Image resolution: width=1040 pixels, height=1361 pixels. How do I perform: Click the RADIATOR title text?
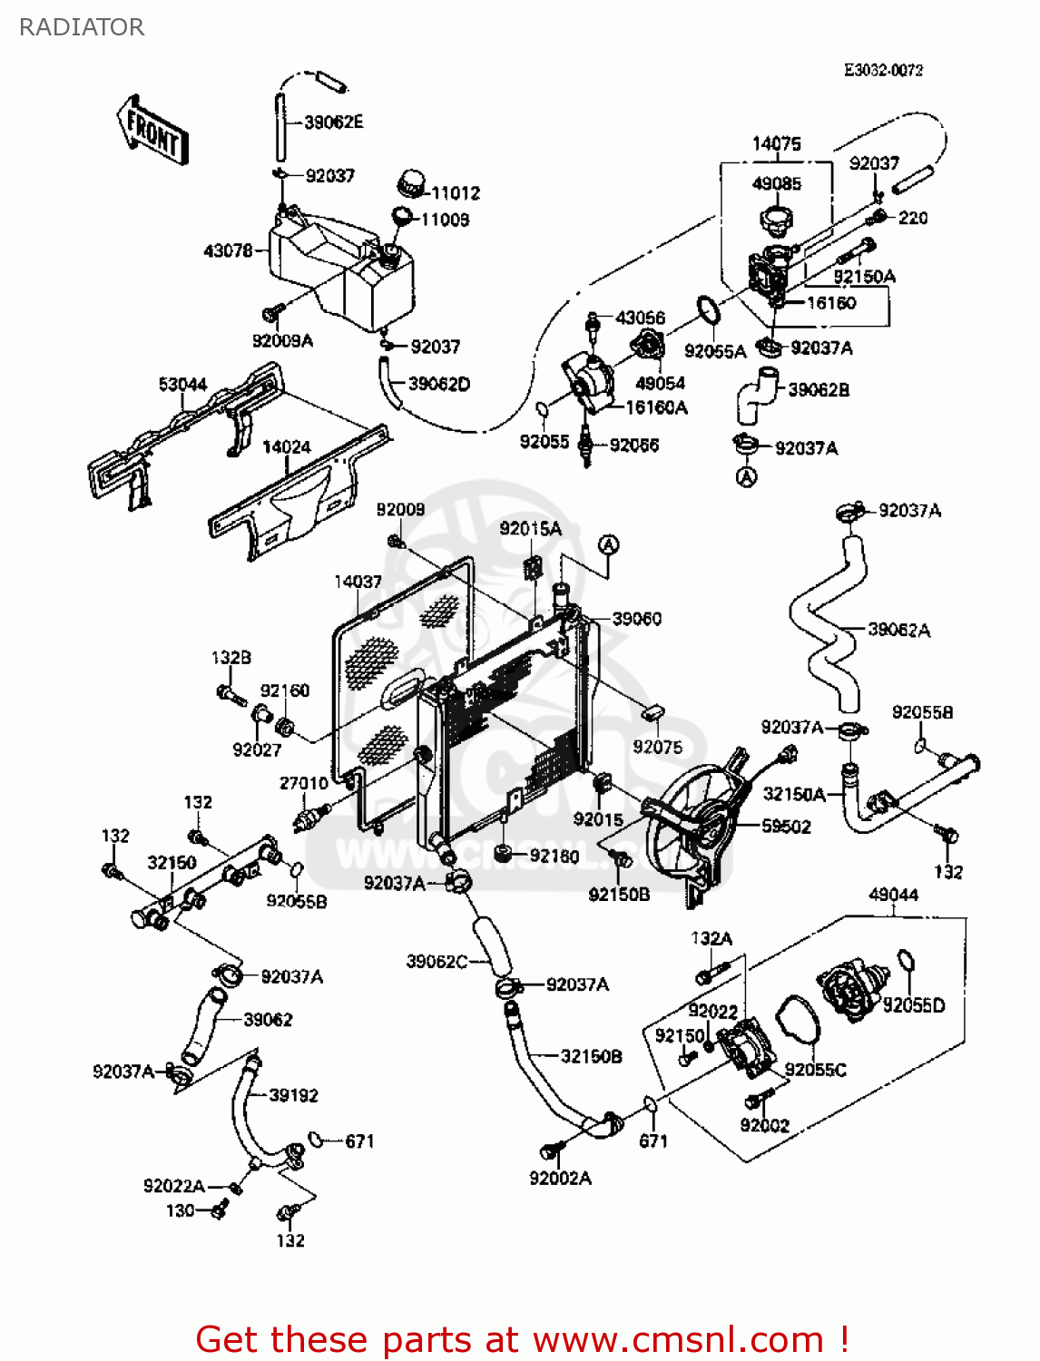coord(81,27)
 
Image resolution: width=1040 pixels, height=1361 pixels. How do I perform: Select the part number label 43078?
coord(228,250)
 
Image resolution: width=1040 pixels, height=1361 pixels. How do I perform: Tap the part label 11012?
coord(456,193)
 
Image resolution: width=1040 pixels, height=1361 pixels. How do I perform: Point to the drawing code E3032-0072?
coord(883,70)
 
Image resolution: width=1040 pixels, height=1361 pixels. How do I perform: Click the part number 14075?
coord(777,143)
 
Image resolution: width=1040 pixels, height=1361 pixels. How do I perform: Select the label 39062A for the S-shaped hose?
coord(898,630)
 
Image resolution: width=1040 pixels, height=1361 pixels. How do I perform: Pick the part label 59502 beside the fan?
coord(786,827)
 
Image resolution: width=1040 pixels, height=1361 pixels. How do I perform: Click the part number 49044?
coord(893,895)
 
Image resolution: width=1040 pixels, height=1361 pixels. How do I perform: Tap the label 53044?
coord(182,385)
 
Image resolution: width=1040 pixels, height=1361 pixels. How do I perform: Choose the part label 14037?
coord(358,582)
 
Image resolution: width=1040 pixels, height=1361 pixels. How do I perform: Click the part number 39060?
coord(637,619)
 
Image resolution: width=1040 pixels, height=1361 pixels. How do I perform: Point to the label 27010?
coord(304,783)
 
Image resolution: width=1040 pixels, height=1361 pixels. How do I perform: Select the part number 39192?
coord(293,1095)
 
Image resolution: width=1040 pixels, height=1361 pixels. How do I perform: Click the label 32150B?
coord(591,1056)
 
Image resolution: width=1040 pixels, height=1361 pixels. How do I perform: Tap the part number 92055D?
coord(914,1005)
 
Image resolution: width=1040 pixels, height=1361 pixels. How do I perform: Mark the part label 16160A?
coord(656,408)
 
